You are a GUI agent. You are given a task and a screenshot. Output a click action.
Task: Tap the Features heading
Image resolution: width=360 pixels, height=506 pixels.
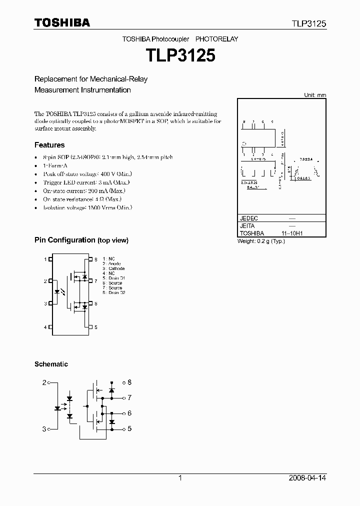(x=49, y=145)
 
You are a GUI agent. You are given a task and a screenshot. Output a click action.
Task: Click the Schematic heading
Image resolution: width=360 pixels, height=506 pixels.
(x=51, y=364)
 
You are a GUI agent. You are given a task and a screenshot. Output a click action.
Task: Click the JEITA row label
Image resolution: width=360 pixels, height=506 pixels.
(x=247, y=226)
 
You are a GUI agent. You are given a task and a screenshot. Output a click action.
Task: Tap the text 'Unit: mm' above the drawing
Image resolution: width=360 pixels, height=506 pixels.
(x=315, y=95)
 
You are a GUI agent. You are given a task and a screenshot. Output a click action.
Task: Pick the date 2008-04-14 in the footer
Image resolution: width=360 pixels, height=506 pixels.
(x=307, y=478)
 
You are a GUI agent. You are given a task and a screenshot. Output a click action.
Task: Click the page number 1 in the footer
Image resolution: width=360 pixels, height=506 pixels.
(x=180, y=478)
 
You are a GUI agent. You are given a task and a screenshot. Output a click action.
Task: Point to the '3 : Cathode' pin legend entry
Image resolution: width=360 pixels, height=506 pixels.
(x=113, y=268)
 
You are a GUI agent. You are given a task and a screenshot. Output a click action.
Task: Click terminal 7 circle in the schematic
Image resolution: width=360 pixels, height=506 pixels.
(x=124, y=398)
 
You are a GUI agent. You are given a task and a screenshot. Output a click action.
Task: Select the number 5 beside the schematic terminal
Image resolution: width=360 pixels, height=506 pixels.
(x=129, y=428)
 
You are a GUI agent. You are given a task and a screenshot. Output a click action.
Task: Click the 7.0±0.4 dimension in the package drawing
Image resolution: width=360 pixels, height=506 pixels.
(x=306, y=159)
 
